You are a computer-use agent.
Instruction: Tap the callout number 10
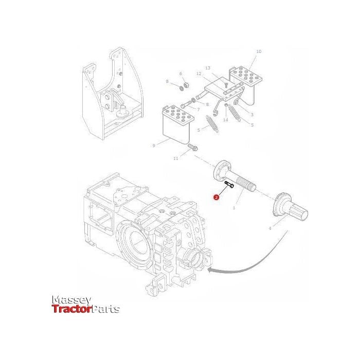pos(258,51)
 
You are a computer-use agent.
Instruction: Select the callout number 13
pos(208,68)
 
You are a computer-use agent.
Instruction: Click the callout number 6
pos(181,74)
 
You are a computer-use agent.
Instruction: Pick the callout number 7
pos(198,110)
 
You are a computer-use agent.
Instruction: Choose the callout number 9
pos(154,146)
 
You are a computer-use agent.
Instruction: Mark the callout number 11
pos(175,158)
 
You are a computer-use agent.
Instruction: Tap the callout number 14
pos(225,120)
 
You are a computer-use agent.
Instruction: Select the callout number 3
pos(252,114)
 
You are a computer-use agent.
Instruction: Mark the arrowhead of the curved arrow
pos(209,268)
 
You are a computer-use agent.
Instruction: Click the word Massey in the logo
pos(71,300)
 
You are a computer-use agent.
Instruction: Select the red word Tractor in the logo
pos(71,309)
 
